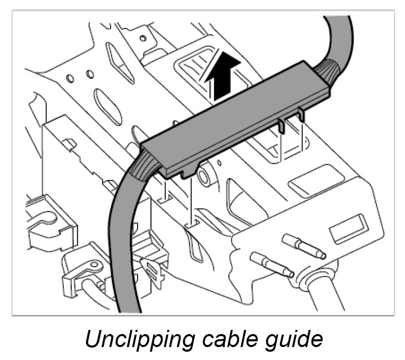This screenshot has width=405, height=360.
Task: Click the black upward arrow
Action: (225, 76)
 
